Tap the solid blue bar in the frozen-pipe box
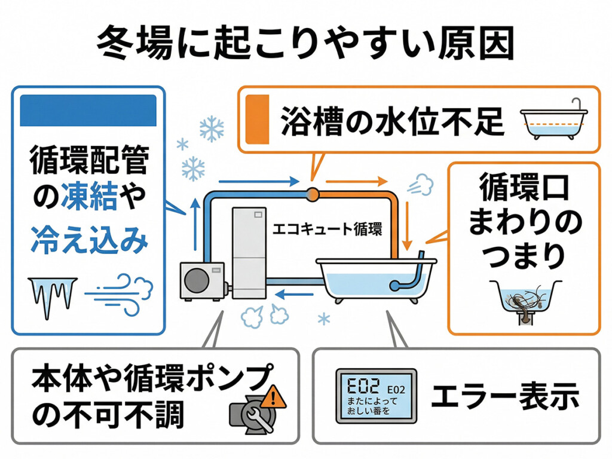(x=88, y=109)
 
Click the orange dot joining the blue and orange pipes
(x=311, y=193)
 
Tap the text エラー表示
(x=506, y=395)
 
